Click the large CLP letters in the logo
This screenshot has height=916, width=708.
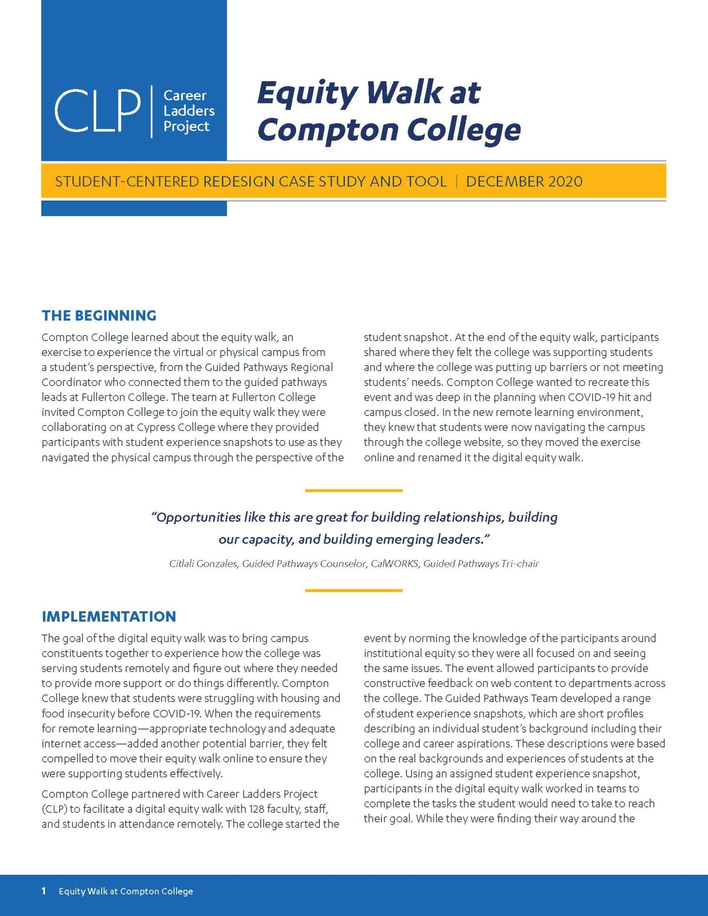[98, 110]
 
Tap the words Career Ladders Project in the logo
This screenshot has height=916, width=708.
[188, 111]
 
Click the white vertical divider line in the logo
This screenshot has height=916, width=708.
[152, 111]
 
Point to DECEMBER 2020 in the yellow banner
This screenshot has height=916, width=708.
[524, 182]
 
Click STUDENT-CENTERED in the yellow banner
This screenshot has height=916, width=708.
[127, 182]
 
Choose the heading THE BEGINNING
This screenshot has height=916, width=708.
[99, 315]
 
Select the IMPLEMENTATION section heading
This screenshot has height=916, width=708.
[109, 616]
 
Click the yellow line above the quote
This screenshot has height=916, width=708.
[354, 491]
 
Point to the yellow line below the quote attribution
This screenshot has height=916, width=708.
[354, 590]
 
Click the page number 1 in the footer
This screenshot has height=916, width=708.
[44, 891]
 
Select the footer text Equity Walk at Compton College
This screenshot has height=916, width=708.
[126, 891]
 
